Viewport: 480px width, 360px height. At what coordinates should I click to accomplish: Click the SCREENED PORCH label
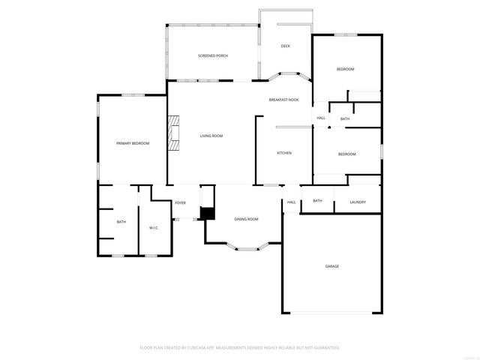pos(213,56)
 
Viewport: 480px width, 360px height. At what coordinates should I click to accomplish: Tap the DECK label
pos(285,46)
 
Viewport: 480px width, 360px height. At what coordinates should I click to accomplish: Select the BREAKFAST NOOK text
pos(284,100)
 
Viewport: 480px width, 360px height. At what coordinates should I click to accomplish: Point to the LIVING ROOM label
pos(211,136)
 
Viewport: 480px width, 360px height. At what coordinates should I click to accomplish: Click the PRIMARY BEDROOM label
pos(132,143)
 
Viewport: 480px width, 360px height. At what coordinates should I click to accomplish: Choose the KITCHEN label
pos(284,153)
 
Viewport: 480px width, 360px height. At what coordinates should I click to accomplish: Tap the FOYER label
pos(180,203)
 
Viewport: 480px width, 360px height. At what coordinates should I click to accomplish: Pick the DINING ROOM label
pos(247,219)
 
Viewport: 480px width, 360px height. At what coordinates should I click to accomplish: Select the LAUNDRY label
pos(358,201)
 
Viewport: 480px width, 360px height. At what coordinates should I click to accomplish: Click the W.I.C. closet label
pos(153,228)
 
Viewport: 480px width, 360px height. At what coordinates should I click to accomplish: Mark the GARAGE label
pos(331,266)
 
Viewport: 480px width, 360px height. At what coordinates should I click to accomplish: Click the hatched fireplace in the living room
pos(174,133)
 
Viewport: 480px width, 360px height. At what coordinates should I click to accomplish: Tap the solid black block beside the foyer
pos(208,213)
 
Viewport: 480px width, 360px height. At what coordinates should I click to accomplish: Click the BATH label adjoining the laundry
pos(317,200)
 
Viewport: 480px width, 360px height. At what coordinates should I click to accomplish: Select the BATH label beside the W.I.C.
pos(121,222)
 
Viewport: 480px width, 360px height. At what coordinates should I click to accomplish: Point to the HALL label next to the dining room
pos(291,202)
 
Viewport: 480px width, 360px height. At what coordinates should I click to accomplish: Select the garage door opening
pos(331,313)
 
